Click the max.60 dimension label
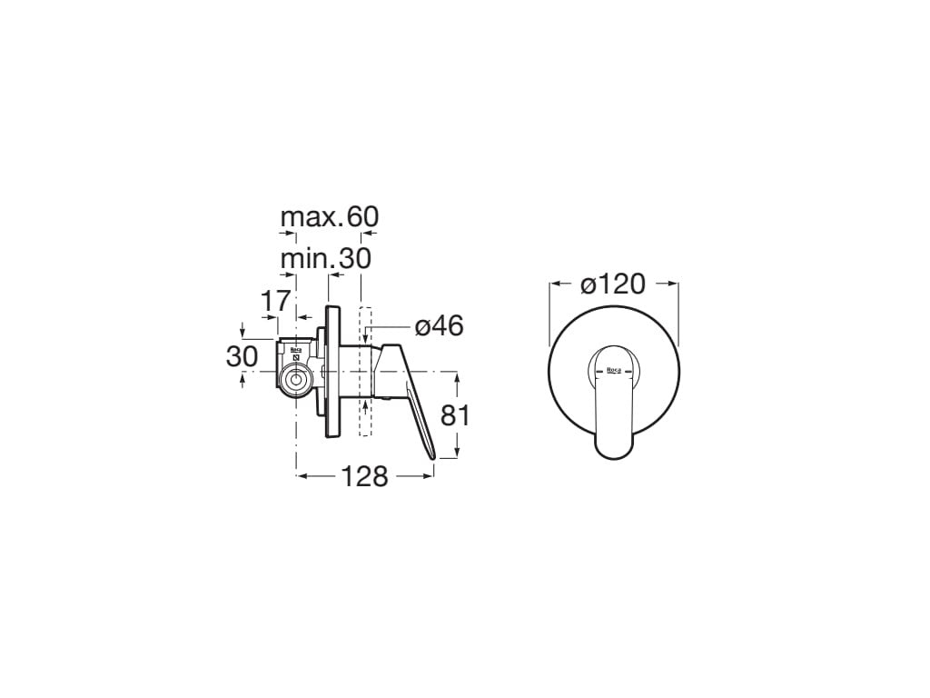tap(329, 217)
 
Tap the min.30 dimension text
tap(326, 258)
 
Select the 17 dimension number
tap(276, 301)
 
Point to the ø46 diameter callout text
tap(439, 326)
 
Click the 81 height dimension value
tap(455, 415)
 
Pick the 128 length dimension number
tap(364, 476)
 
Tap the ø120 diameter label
tap(613, 284)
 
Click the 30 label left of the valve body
tap(242, 356)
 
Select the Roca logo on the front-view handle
tap(614, 372)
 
